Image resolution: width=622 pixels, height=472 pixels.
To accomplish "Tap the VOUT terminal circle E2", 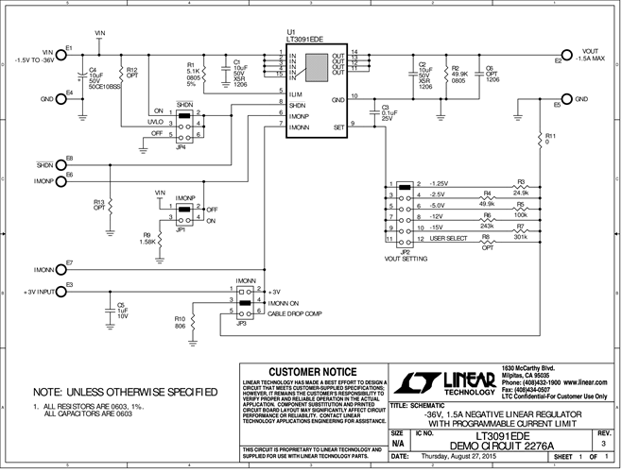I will tap(564, 55).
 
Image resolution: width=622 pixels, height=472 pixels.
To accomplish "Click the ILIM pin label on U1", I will tap(296, 93).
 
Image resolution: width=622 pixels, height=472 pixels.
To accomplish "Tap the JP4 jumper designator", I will tap(181, 145).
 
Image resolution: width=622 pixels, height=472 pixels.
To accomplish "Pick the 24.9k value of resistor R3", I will tap(520, 193).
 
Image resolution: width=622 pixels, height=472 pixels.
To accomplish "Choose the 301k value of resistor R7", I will tap(520, 237).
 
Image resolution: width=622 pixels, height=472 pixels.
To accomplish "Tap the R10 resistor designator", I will tap(180, 318).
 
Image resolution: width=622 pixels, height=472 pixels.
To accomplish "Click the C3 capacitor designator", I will tap(386, 107).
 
